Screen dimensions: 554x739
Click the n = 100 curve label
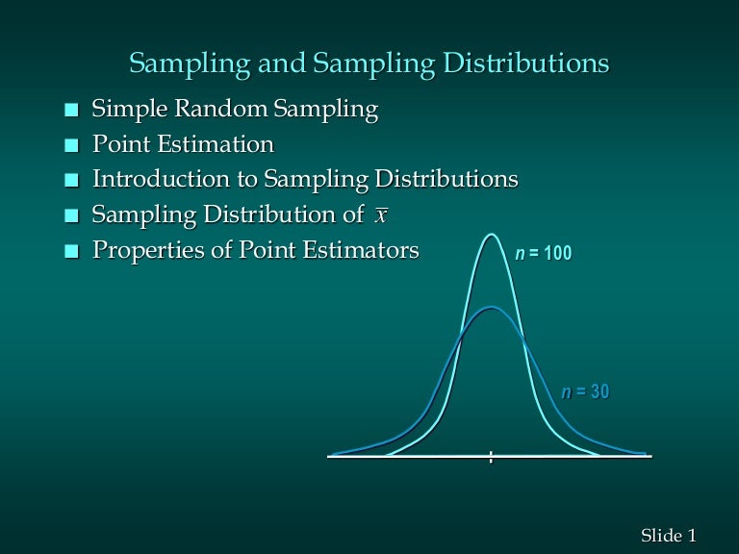543,255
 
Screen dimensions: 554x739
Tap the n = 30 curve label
585,392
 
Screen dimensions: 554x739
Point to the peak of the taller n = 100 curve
492,235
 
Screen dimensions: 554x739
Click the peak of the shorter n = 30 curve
492,308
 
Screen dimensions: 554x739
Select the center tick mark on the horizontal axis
491,457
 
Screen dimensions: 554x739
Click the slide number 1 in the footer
691,534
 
